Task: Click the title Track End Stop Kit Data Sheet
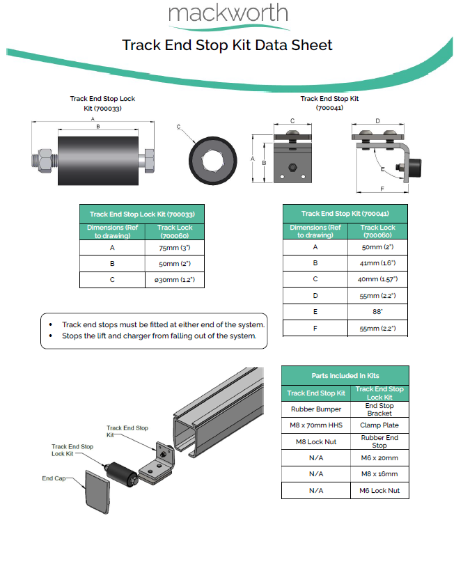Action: click(x=227, y=46)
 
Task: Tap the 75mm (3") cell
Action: click(x=175, y=246)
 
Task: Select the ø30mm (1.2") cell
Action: click(x=175, y=280)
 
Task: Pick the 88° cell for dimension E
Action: click(x=377, y=312)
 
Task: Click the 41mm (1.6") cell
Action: click(x=377, y=263)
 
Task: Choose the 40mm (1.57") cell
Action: click(x=377, y=279)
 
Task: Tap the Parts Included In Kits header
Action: click(x=345, y=375)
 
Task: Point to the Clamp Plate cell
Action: click(x=379, y=425)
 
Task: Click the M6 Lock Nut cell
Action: click(x=379, y=491)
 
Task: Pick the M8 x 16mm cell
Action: click(x=379, y=474)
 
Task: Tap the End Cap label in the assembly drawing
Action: click(x=53, y=479)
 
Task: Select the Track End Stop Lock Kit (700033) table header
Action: click(x=141, y=214)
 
